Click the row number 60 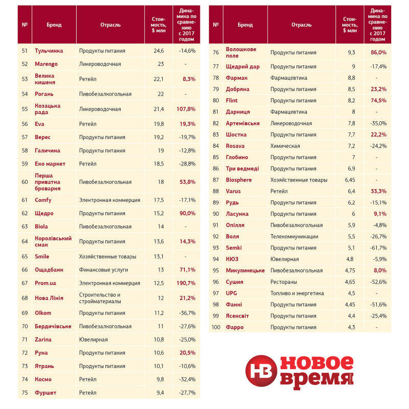coord(25,181)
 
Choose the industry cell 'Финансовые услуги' coord(103,269)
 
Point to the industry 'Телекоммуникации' coord(294,237)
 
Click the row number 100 coord(216,327)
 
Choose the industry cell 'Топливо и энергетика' coord(297,293)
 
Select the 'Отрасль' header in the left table coord(110,25)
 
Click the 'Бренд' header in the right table coord(245,25)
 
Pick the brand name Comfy coord(43,200)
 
